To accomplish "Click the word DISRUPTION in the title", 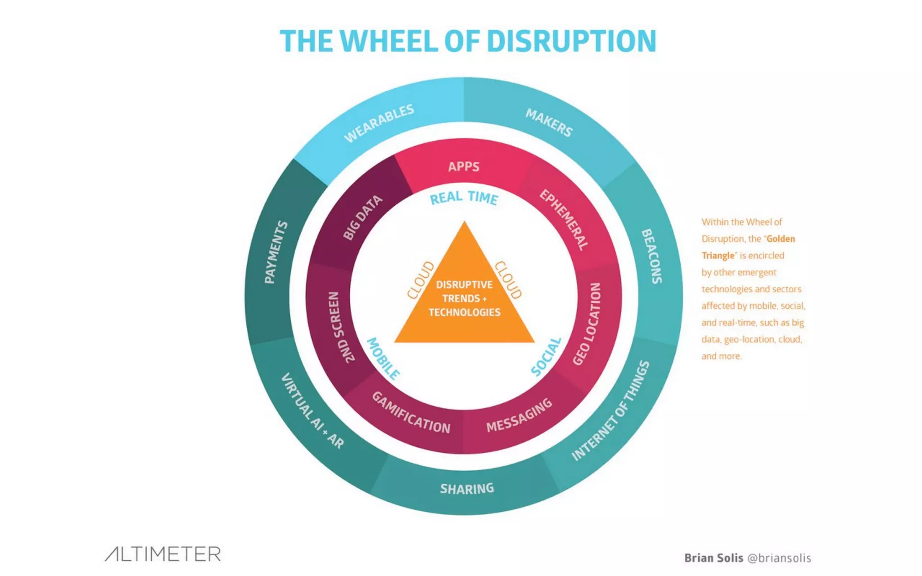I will pyautogui.click(x=571, y=41).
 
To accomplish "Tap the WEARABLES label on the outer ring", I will pyautogui.click(x=379, y=123).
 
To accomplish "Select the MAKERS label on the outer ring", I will pyautogui.click(x=549, y=122).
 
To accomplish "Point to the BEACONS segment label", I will pyautogui.click(x=651, y=256).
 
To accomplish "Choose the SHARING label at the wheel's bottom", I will pyautogui.click(x=467, y=488).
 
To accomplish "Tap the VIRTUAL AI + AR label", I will pyautogui.click(x=312, y=410).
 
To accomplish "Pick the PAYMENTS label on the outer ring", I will pyautogui.click(x=276, y=252).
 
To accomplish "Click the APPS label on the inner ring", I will pyautogui.click(x=464, y=166).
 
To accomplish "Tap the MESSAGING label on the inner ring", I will pyautogui.click(x=519, y=415).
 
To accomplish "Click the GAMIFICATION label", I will pyautogui.click(x=411, y=413).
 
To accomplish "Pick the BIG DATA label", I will pyautogui.click(x=362, y=217).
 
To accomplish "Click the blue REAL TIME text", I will pyautogui.click(x=464, y=198).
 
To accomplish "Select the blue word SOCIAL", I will pyautogui.click(x=546, y=357).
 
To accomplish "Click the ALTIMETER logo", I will pyautogui.click(x=163, y=554).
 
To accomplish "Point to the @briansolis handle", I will pyautogui.click(x=779, y=558).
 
